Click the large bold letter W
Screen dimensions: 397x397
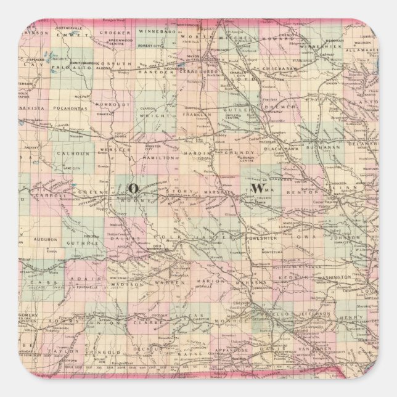(260, 187)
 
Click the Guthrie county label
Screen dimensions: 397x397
(88, 244)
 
